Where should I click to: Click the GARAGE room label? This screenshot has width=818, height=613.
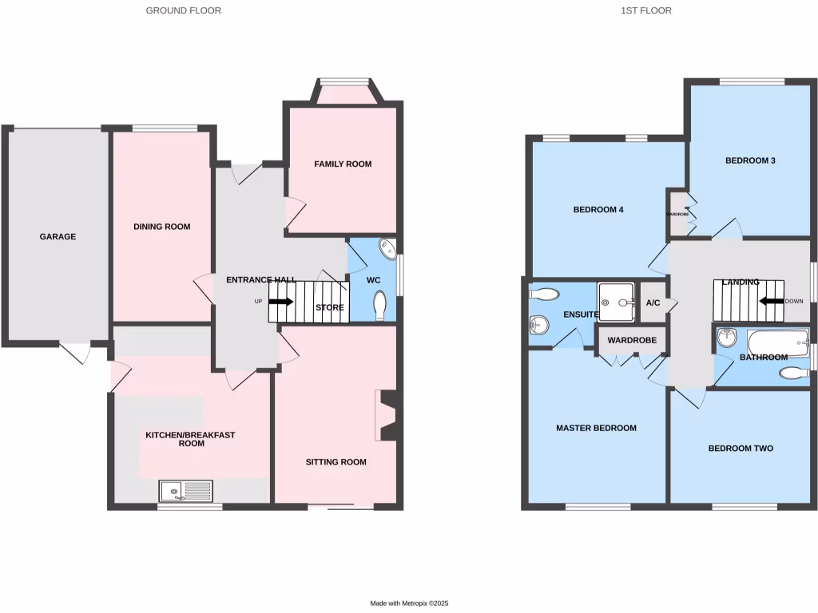(x=58, y=236)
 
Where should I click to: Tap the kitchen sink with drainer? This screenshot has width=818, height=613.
(x=186, y=491)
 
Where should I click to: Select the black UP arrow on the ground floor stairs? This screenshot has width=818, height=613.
(x=281, y=302)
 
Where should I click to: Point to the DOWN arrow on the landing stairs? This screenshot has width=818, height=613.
(x=771, y=301)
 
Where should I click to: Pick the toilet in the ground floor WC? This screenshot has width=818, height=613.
(x=380, y=305)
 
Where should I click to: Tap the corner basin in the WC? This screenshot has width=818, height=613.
(x=387, y=250)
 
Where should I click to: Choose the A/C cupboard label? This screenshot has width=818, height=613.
(x=653, y=303)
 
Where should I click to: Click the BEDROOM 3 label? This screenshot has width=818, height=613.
(x=750, y=160)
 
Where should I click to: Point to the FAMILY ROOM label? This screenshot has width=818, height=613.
(x=343, y=164)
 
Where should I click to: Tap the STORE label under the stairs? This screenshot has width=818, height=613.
(x=330, y=307)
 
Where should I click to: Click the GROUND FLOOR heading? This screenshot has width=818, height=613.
(x=183, y=10)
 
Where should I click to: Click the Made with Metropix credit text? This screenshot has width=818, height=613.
(x=415, y=603)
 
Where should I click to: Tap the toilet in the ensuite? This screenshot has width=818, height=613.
(x=543, y=294)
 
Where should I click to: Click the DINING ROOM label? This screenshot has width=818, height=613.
(x=161, y=227)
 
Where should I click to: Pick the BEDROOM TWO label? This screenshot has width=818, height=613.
(x=741, y=449)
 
